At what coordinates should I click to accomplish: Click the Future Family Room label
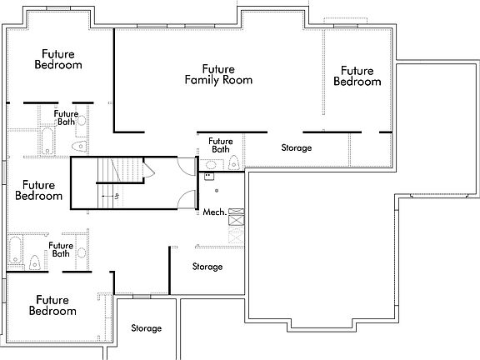click(217, 74)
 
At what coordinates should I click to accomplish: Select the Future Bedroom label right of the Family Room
click(357, 76)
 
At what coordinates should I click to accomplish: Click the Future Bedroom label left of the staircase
click(38, 191)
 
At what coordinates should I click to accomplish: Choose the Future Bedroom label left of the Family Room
click(57, 58)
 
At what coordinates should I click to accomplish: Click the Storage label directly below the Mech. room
click(207, 267)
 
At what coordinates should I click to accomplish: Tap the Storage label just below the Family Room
click(296, 147)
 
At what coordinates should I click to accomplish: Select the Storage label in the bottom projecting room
click(146, 328)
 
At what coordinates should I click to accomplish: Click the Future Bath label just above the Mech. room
click(220, 145)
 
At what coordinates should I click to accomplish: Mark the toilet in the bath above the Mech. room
click(234, 162)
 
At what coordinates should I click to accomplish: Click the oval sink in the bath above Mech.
click(208, 165)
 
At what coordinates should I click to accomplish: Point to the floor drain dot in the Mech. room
click(217, 191)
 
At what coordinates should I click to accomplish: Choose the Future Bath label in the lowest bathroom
click(59, 249)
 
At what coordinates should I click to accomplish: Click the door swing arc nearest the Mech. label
click(190, 200)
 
